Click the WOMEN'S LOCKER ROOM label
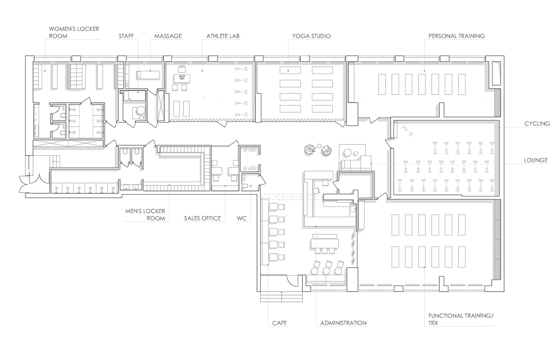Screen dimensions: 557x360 pos(74,32)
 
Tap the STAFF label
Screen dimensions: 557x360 pos(126,36)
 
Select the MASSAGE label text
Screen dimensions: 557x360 pos(168,36)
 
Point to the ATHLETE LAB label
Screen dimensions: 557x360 pos(223,36)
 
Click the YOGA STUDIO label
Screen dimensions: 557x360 pos(311,36)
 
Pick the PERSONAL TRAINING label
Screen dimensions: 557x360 pos(456,36)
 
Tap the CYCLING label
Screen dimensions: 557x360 pos(537,124)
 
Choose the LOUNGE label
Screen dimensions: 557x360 pos(536,160)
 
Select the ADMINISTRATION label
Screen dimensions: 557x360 pos(343,323)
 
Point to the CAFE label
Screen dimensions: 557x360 pos(279,323)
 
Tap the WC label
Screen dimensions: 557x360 pos(241,218)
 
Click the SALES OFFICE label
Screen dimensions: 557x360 pos(202,218)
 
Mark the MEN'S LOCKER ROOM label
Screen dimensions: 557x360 pos(145,215)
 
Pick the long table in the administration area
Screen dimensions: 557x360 pos(325,242)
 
